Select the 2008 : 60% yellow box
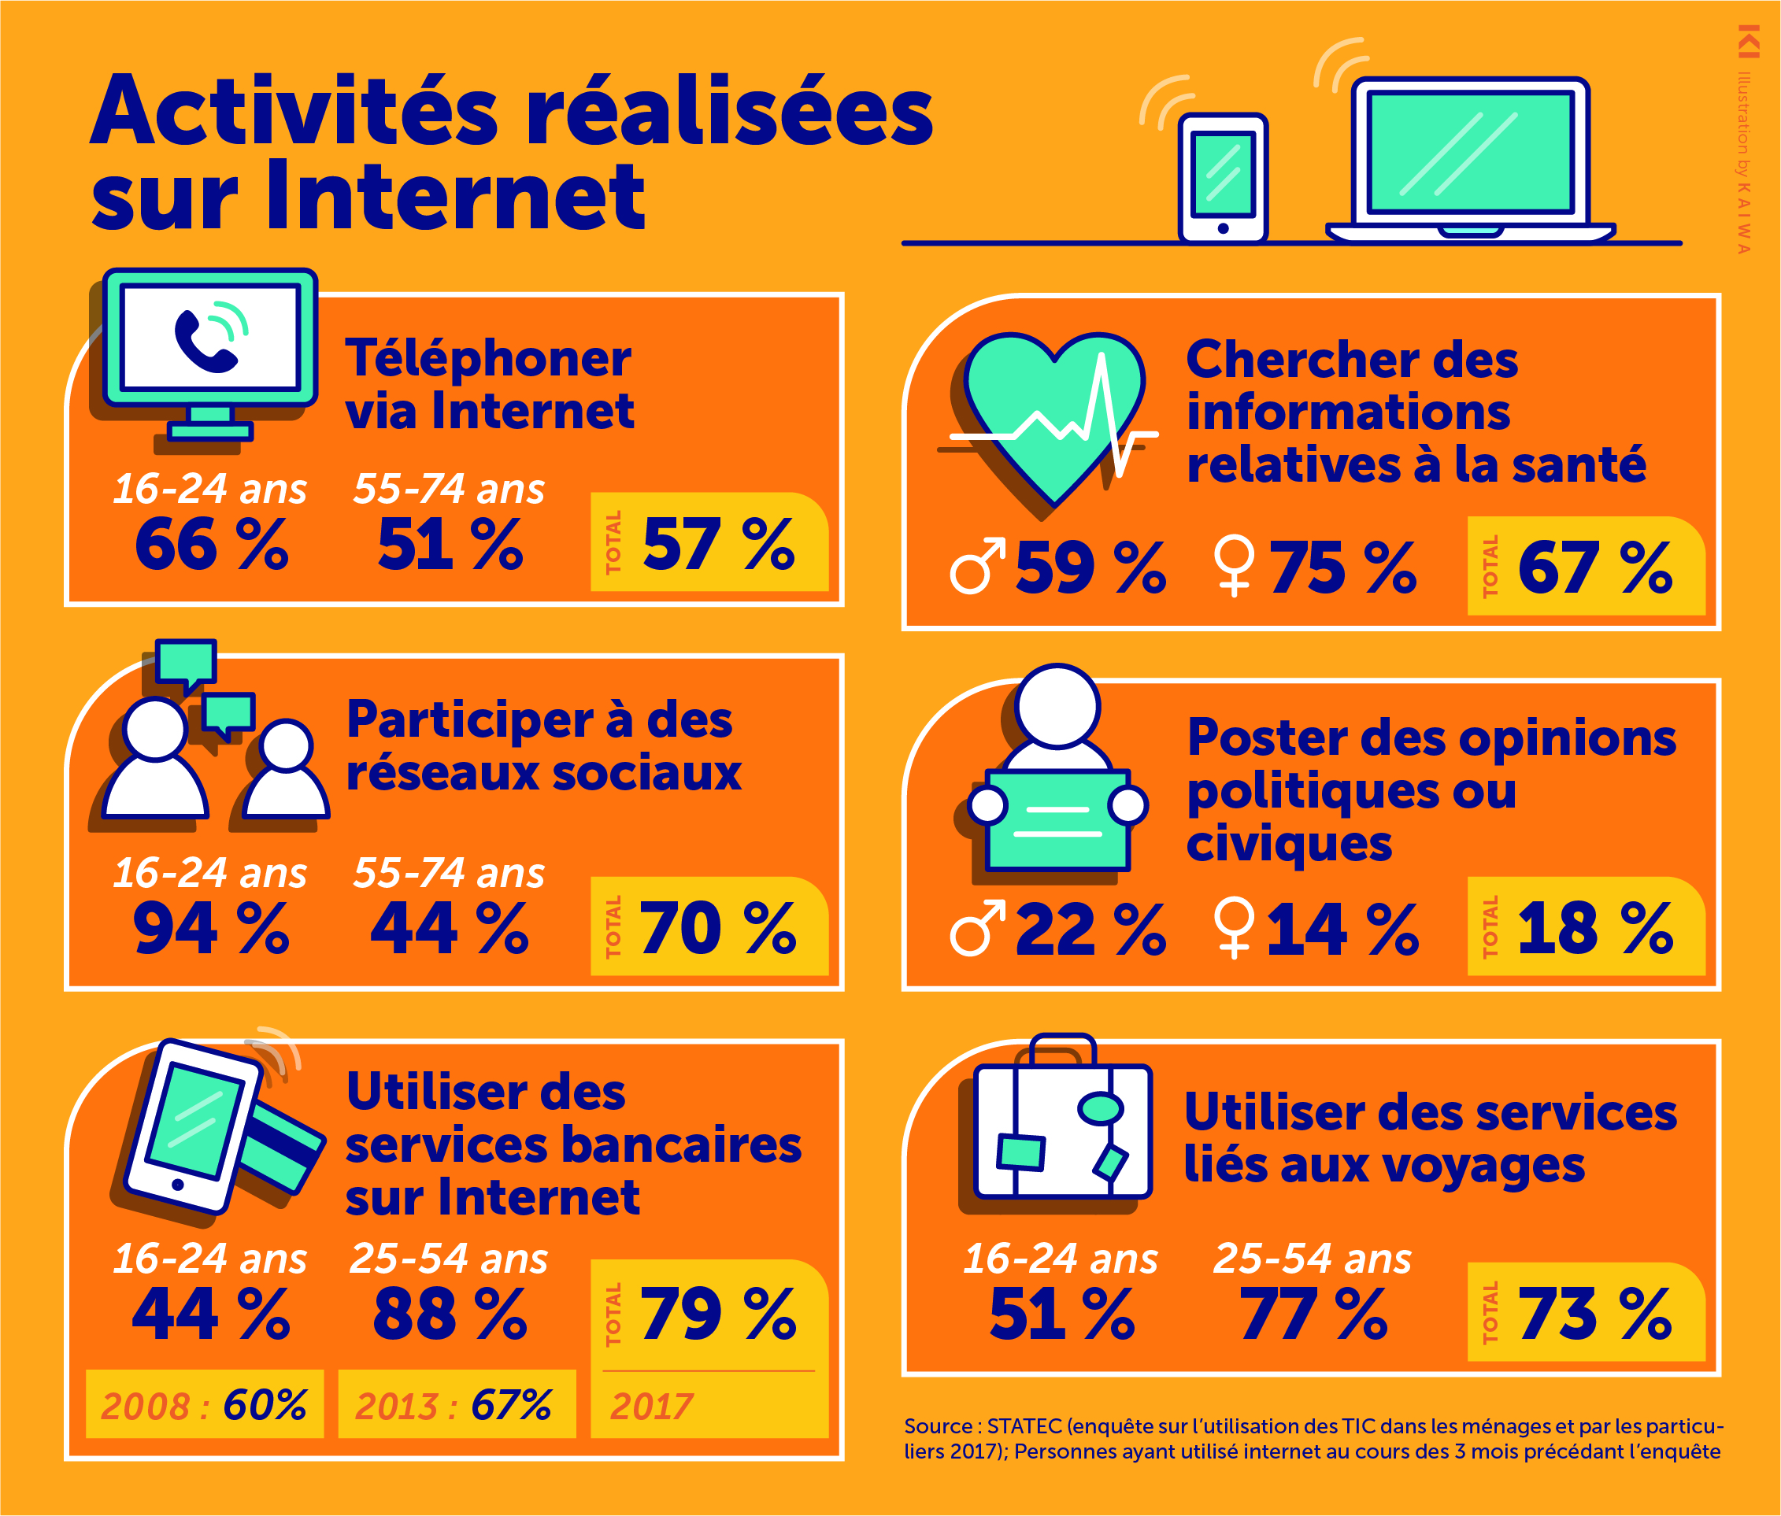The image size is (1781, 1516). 205,1404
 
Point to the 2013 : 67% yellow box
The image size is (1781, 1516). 456,1404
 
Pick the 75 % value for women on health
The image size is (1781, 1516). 1342,568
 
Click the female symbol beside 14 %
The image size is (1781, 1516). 1235,927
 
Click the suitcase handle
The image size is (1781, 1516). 1062,1048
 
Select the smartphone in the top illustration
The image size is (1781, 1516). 1222,179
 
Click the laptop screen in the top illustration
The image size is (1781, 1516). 1470,153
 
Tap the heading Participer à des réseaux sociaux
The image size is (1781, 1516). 543,745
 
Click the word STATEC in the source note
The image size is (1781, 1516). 1024,1425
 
